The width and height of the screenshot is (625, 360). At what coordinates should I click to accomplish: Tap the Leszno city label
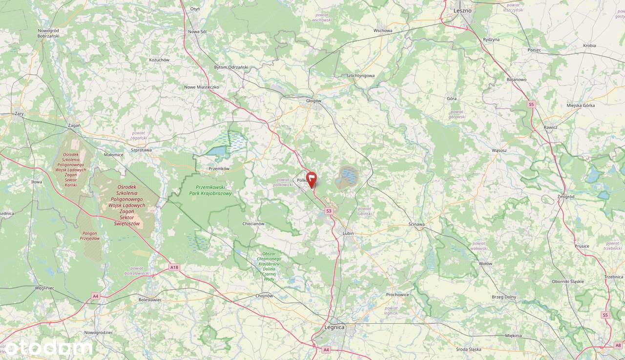tap(462, 10)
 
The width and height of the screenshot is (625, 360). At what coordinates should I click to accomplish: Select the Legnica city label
tap(334, 327)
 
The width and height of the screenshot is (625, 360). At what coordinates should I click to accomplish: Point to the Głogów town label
tap(313, 101)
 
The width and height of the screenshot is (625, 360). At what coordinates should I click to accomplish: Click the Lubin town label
tap(348, 233)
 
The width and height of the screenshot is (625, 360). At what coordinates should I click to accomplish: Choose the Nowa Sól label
tap(197, 32)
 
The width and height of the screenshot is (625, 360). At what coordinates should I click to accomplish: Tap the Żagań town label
tap(74, 125)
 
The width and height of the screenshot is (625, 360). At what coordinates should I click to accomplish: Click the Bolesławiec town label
tap(150, 299)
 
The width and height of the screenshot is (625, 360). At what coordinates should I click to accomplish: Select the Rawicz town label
tap(550, 127)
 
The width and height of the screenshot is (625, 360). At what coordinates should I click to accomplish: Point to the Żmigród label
tap(565, 196)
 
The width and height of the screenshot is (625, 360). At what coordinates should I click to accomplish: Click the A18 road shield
tap(174, 267)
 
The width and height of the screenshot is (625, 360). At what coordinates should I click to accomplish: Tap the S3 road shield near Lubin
tap(329, 211)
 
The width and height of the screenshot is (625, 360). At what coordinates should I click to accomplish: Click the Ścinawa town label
tap(417, 224)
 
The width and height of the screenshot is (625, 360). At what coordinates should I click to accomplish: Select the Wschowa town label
tap(382, 30)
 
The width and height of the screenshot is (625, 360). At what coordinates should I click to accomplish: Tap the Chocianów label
tap(253, 224)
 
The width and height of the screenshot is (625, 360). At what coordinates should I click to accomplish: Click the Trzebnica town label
tap(613, 277)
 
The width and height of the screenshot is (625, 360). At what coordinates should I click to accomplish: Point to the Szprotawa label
tap(141, 150)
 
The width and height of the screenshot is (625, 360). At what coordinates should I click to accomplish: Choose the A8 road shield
tap(618, 345)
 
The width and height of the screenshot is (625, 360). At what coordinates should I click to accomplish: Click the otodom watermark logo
tap(46, 347)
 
